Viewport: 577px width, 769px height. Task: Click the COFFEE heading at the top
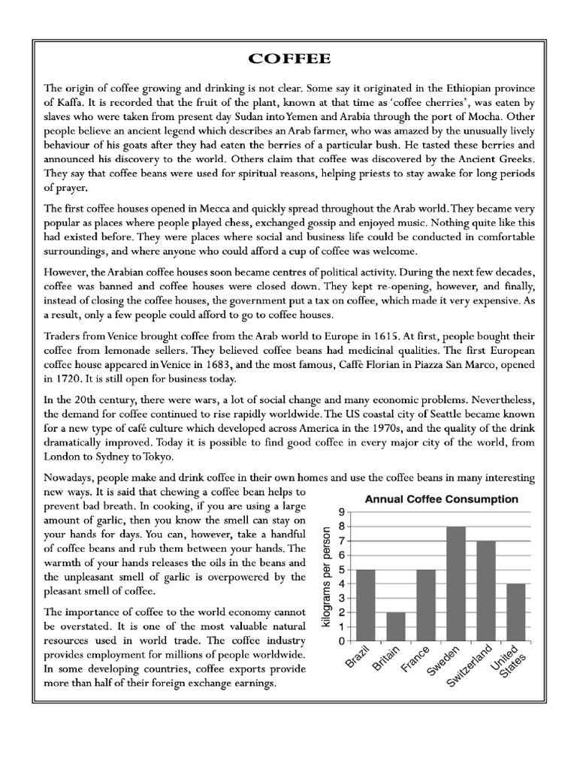pyautogui.click(x=288, y=59)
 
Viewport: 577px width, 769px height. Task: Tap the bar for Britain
pyautogui.click(x=396, y=627)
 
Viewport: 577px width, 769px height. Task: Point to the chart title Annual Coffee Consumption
pyautogui.click(x=441, y=499)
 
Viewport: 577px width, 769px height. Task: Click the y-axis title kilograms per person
pyautogui.click(x=325, y=577)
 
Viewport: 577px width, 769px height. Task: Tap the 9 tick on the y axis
pyautogui.click(x=342, y=512)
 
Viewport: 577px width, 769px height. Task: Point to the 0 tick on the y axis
pyautogui.click(x=342, y=642)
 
